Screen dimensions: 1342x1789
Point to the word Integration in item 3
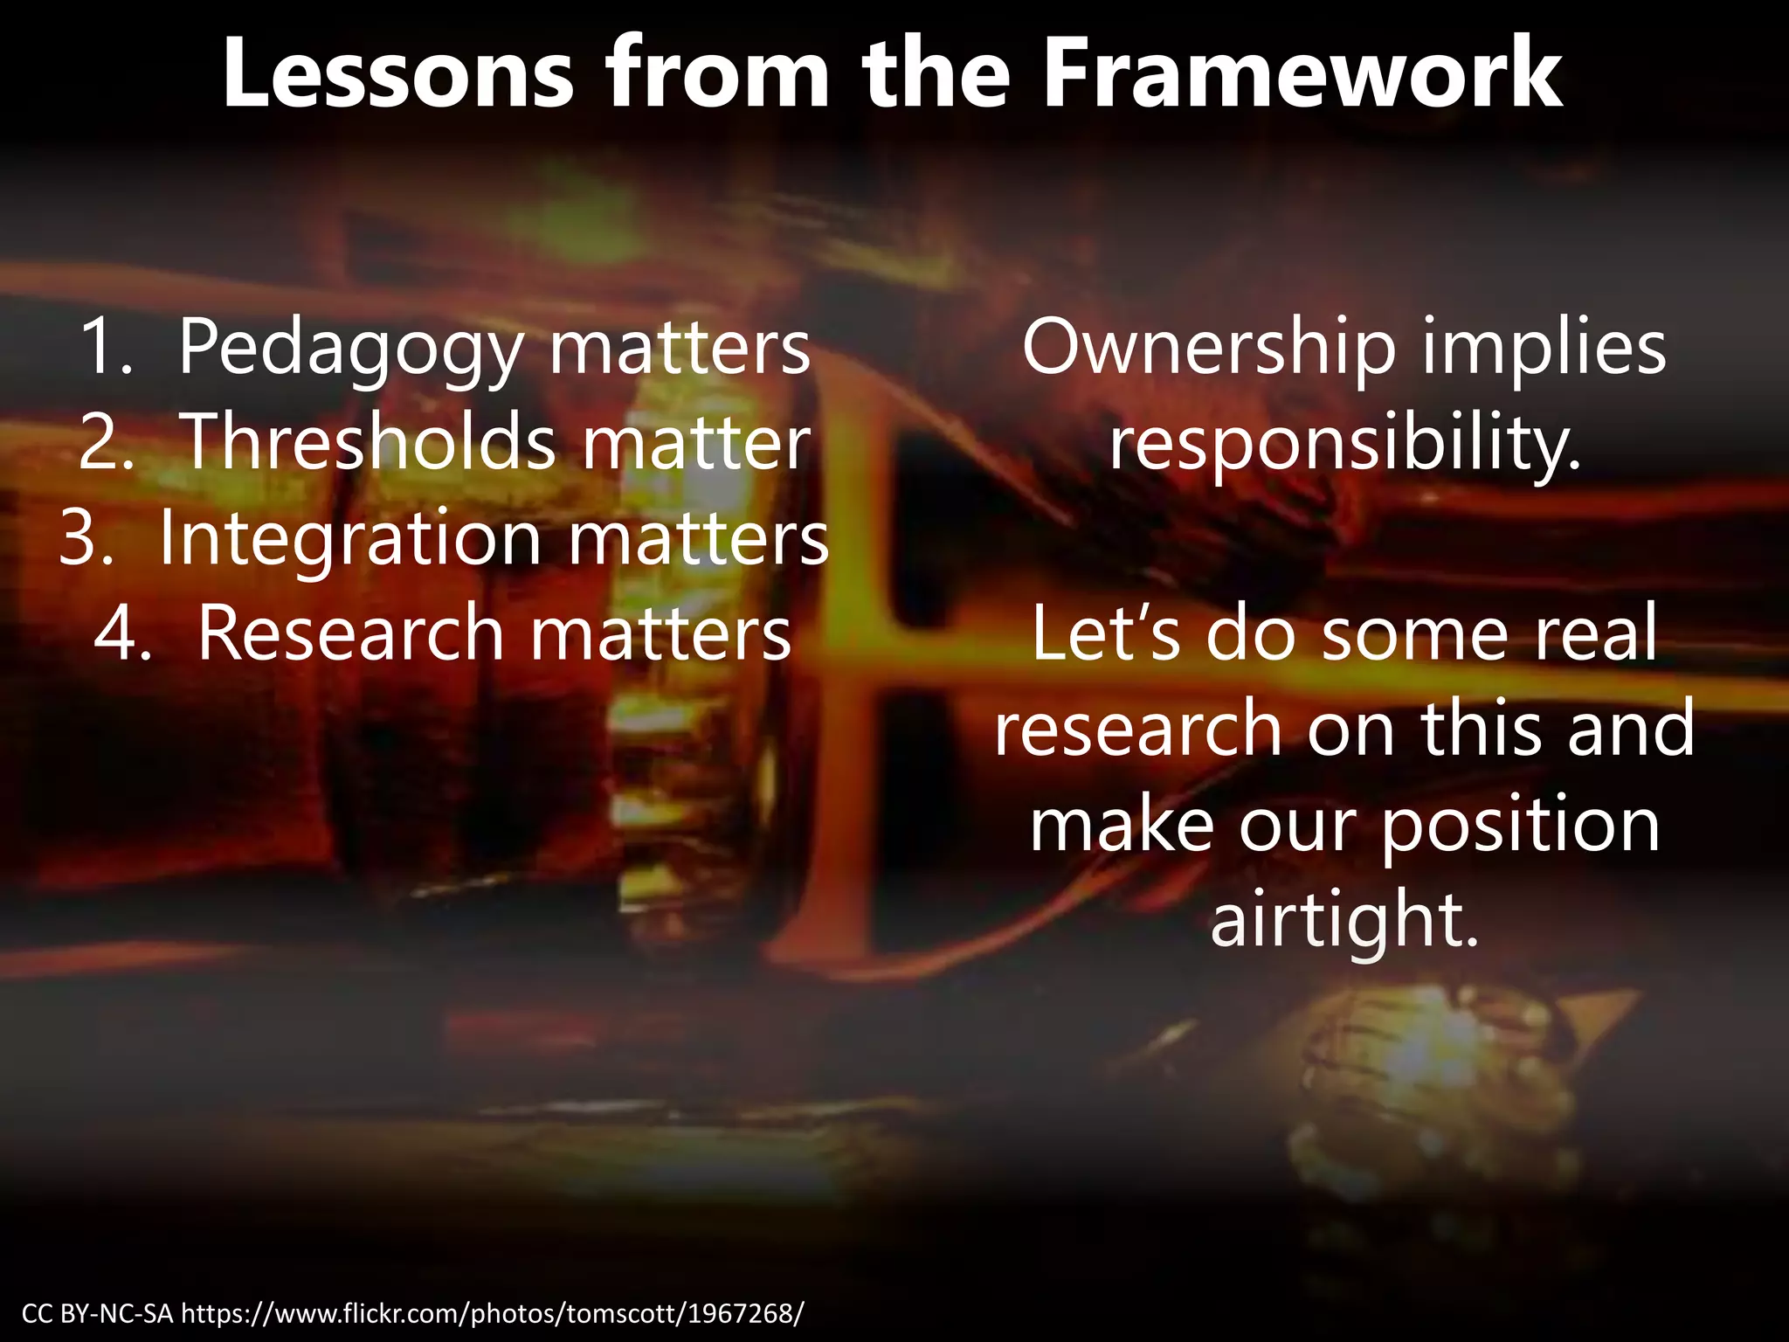tap(349, 539)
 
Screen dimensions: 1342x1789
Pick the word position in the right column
tap(1520, 826)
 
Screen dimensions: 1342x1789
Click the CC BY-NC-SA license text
tap(98, 1313)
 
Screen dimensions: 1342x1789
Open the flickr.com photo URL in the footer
tap(494, 1313)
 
